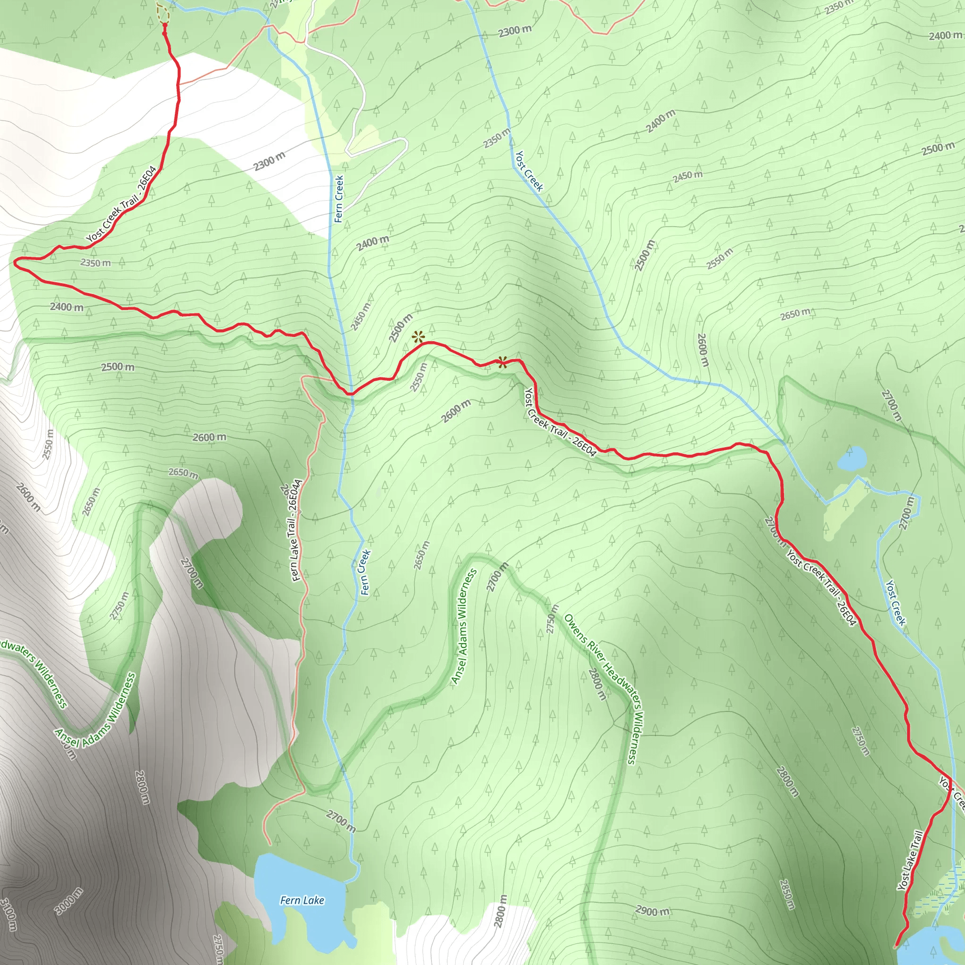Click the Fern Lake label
302,900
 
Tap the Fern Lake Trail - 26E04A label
297,531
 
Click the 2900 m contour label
652,911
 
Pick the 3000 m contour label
69,901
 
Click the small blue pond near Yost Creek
851,458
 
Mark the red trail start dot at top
165,24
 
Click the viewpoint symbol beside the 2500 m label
418,338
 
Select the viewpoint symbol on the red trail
502,362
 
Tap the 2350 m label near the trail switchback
95,263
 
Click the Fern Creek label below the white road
339,198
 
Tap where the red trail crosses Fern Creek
351,393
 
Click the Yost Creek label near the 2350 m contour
529,171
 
